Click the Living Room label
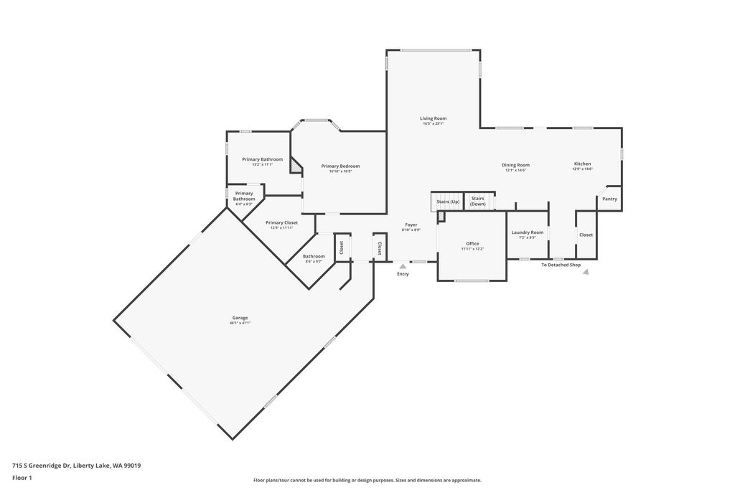pos(433,118)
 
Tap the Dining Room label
pos(515,165)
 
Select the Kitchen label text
pos(581,164)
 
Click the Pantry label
pos(609,199)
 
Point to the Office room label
pos(472,244)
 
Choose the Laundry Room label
pos(527,232)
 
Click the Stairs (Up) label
pos(448,202)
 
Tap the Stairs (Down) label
pos(478,201)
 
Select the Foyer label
pos(411,225)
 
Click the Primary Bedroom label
pos(340,166)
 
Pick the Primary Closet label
pos(281,222)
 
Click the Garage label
pos(240,318)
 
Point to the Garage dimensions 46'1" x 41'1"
pos(240,324)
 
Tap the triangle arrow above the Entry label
pos(403,266)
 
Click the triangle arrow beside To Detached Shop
pos(586,272)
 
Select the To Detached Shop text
pos(561,265)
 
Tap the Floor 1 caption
pos(22,477)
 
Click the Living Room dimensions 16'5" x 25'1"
pos(433,123)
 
